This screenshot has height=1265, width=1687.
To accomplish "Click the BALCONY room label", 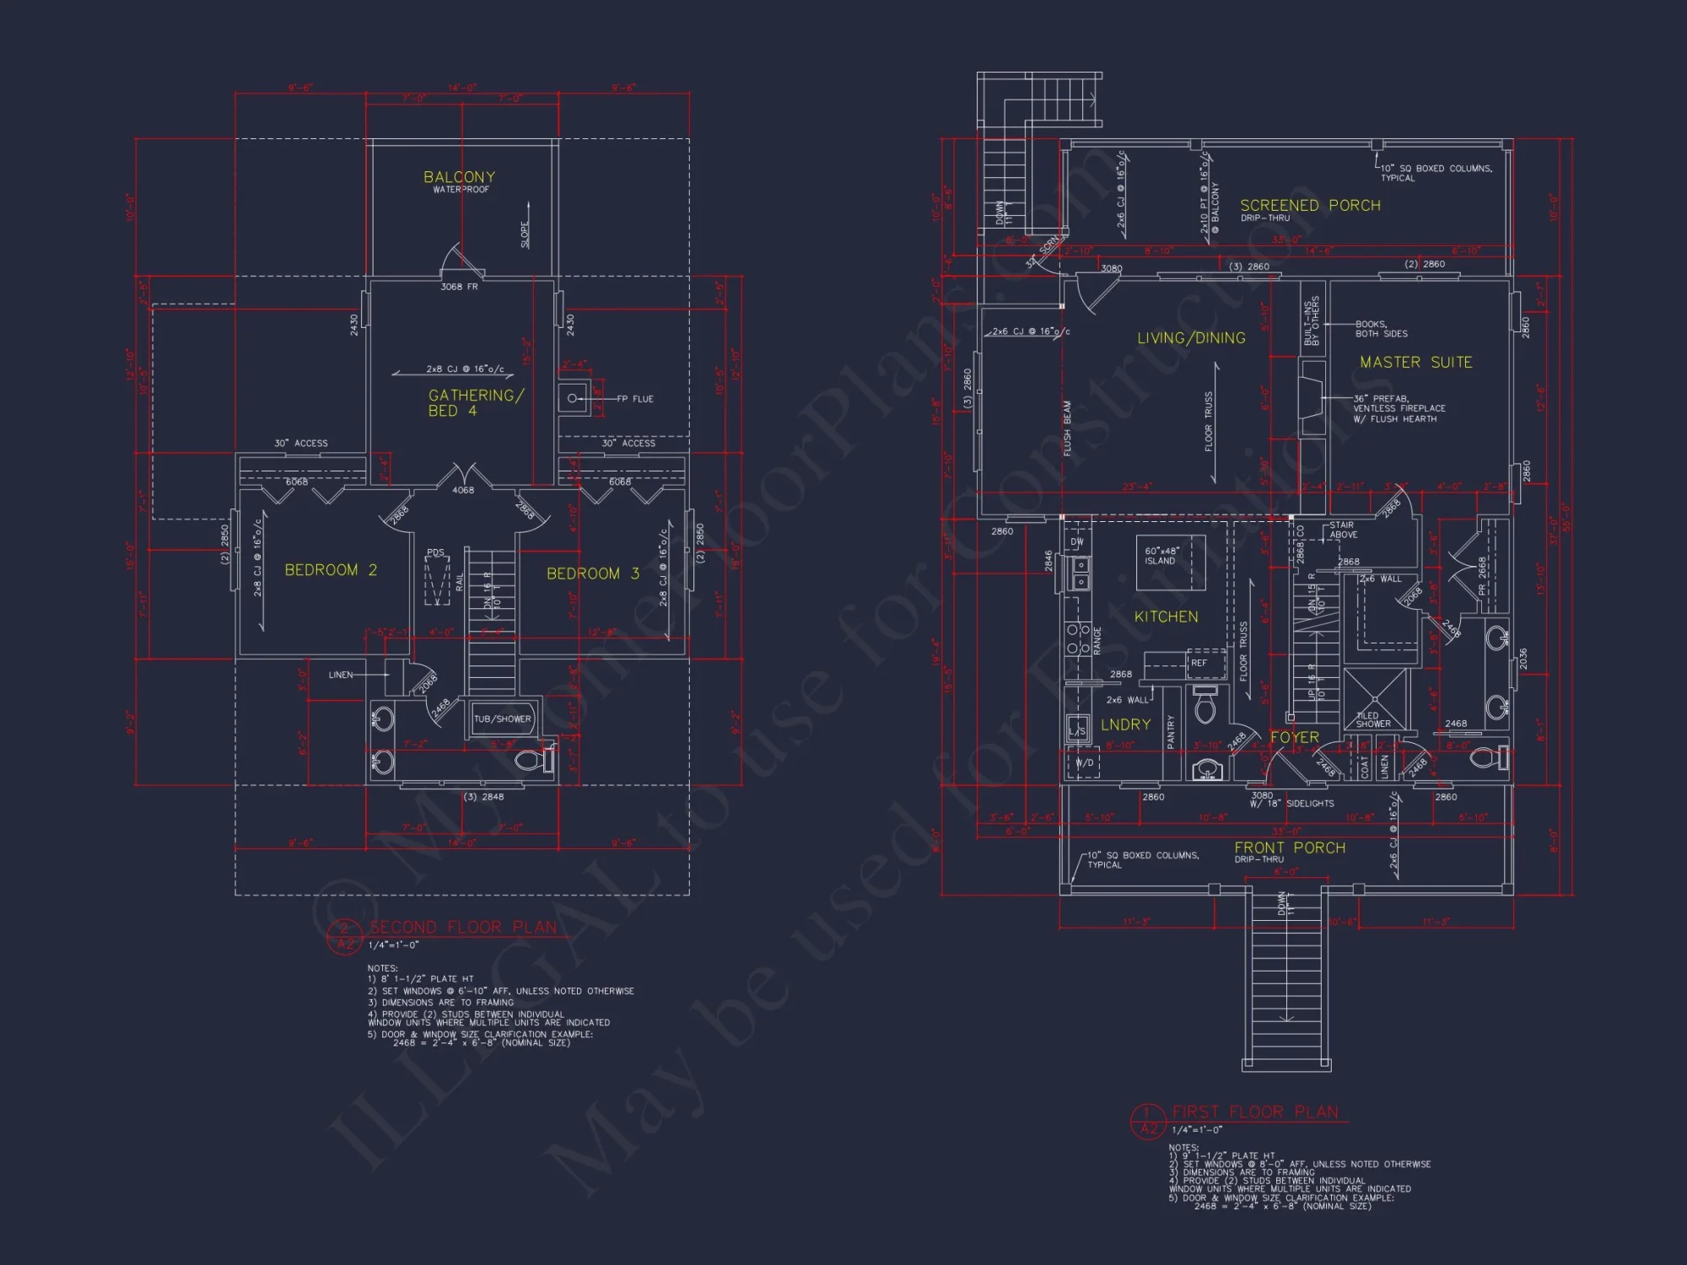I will point(459,177).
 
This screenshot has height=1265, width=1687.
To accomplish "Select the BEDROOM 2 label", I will point(331,570).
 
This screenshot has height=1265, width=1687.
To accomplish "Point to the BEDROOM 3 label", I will point(593,573).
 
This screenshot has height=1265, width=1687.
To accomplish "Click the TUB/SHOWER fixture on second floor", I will point(503,719).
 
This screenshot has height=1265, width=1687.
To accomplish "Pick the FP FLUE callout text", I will point(634,399).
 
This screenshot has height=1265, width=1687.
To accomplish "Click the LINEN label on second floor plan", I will point(341,675).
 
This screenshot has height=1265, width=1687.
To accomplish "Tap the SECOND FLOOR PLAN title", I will point(462,928).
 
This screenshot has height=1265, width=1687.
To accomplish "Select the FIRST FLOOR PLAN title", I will point(1255,1112).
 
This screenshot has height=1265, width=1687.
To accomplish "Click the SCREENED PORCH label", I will point(1310,206).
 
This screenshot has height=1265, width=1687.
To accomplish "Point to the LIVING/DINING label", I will point(1191,338).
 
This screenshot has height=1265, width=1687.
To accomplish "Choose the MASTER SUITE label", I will point(1415,363).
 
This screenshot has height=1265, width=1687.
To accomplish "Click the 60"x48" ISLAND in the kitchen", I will point(1170,562).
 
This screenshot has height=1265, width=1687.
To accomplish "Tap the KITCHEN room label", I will point(1166,617).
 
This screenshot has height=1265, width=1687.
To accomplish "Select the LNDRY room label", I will point(1125,725).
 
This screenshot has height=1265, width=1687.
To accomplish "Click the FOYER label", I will point(1294,738).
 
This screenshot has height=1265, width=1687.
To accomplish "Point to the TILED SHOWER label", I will point(1372,719).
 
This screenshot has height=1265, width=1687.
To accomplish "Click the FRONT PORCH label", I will point(1290,848).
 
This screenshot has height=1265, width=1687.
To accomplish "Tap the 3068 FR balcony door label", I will point(459,287).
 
